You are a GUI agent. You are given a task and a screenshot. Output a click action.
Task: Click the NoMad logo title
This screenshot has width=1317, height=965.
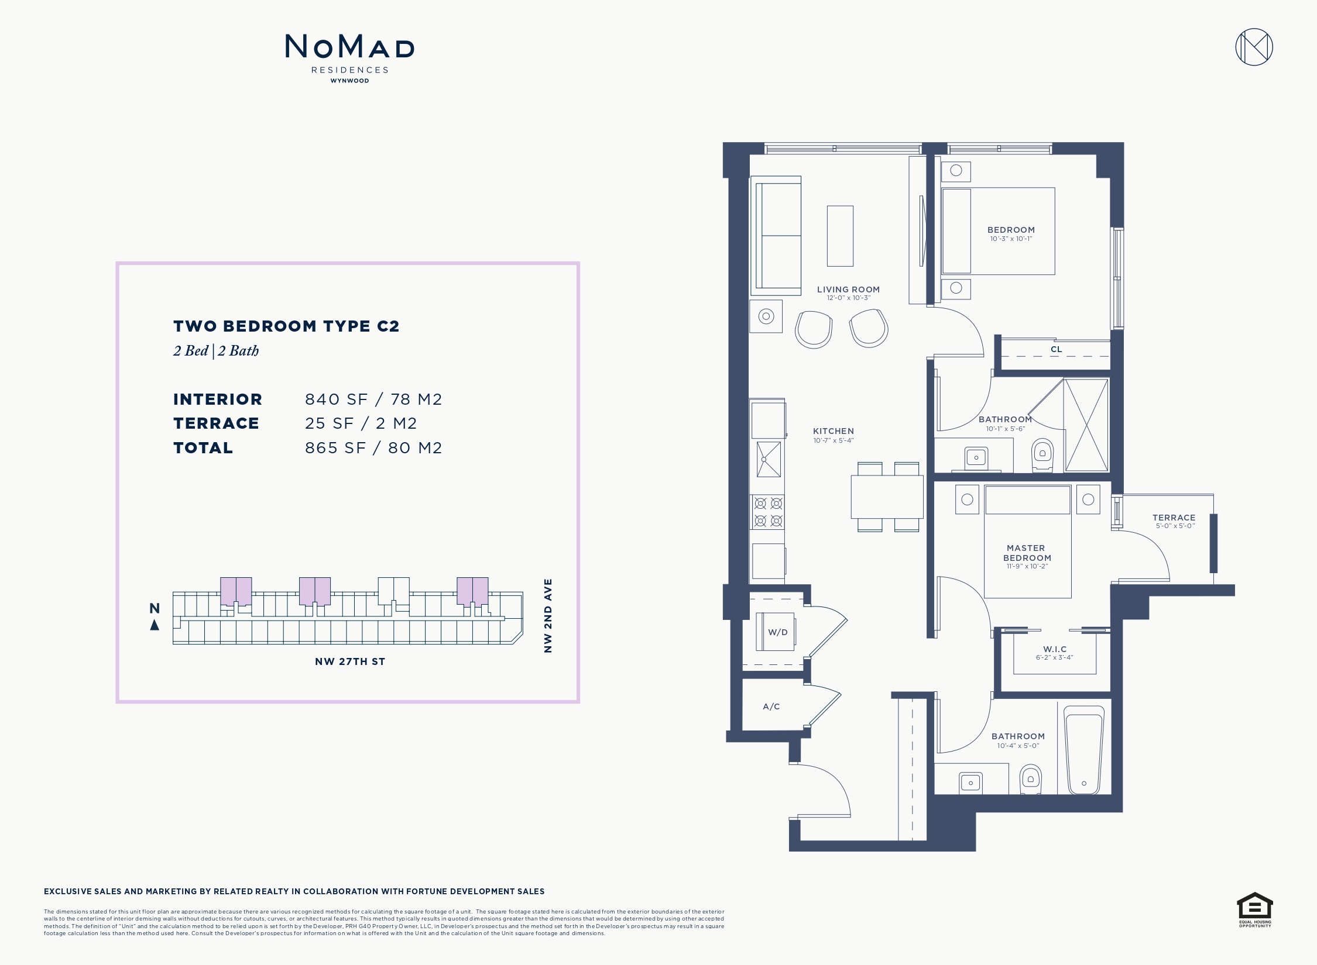click(x=349, y=47)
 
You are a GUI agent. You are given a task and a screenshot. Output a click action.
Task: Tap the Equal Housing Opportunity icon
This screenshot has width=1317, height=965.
click(x=1254, y=908)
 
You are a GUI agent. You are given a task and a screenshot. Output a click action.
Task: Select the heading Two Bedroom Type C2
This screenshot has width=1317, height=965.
click(x=286, y=326)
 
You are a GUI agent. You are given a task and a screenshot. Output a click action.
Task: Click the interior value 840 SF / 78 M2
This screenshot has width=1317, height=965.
click(x=373, y=399)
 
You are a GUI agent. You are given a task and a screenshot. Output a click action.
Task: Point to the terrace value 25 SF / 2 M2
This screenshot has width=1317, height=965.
click(x=361, y=423)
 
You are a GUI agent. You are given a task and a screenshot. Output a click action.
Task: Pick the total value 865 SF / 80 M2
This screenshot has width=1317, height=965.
click(x=373, y=448)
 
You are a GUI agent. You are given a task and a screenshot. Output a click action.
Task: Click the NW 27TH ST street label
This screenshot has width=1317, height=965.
click(x=350, y=661)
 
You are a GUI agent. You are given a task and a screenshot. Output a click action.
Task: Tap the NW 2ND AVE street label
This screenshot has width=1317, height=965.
click(x=548, y=615)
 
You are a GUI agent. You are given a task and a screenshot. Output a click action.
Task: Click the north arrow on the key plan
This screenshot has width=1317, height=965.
click(x=155, y=625)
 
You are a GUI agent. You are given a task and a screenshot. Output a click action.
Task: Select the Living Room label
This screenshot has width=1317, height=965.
click(x=848, y=289)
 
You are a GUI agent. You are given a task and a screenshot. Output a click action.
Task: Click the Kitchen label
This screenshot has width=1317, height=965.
click(x=833, y=431)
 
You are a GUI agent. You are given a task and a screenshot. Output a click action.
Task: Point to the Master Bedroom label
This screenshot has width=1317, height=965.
click(x=1027, y=553)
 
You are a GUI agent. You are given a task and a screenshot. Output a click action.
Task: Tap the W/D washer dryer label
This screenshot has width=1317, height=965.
click(x=777, y=632)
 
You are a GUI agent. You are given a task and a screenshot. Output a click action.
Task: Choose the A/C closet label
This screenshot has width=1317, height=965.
click(x=771, y=706)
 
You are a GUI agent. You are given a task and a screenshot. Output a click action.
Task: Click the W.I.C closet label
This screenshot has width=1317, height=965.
click(x=1055, y=649)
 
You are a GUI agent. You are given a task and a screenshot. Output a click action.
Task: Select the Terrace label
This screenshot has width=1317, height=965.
click(x=1174, y=518)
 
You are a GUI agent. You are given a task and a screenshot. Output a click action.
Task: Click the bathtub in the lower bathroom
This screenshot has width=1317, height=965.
click(x=1083, y=750)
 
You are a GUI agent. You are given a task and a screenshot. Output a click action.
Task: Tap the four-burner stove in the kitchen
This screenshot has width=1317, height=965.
click(x=768, y=512)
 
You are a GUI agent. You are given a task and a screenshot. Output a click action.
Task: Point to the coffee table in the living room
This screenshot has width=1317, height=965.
click(x=840, y=236)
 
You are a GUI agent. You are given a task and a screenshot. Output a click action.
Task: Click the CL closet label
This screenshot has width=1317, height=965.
click(x=1056, y=349)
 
